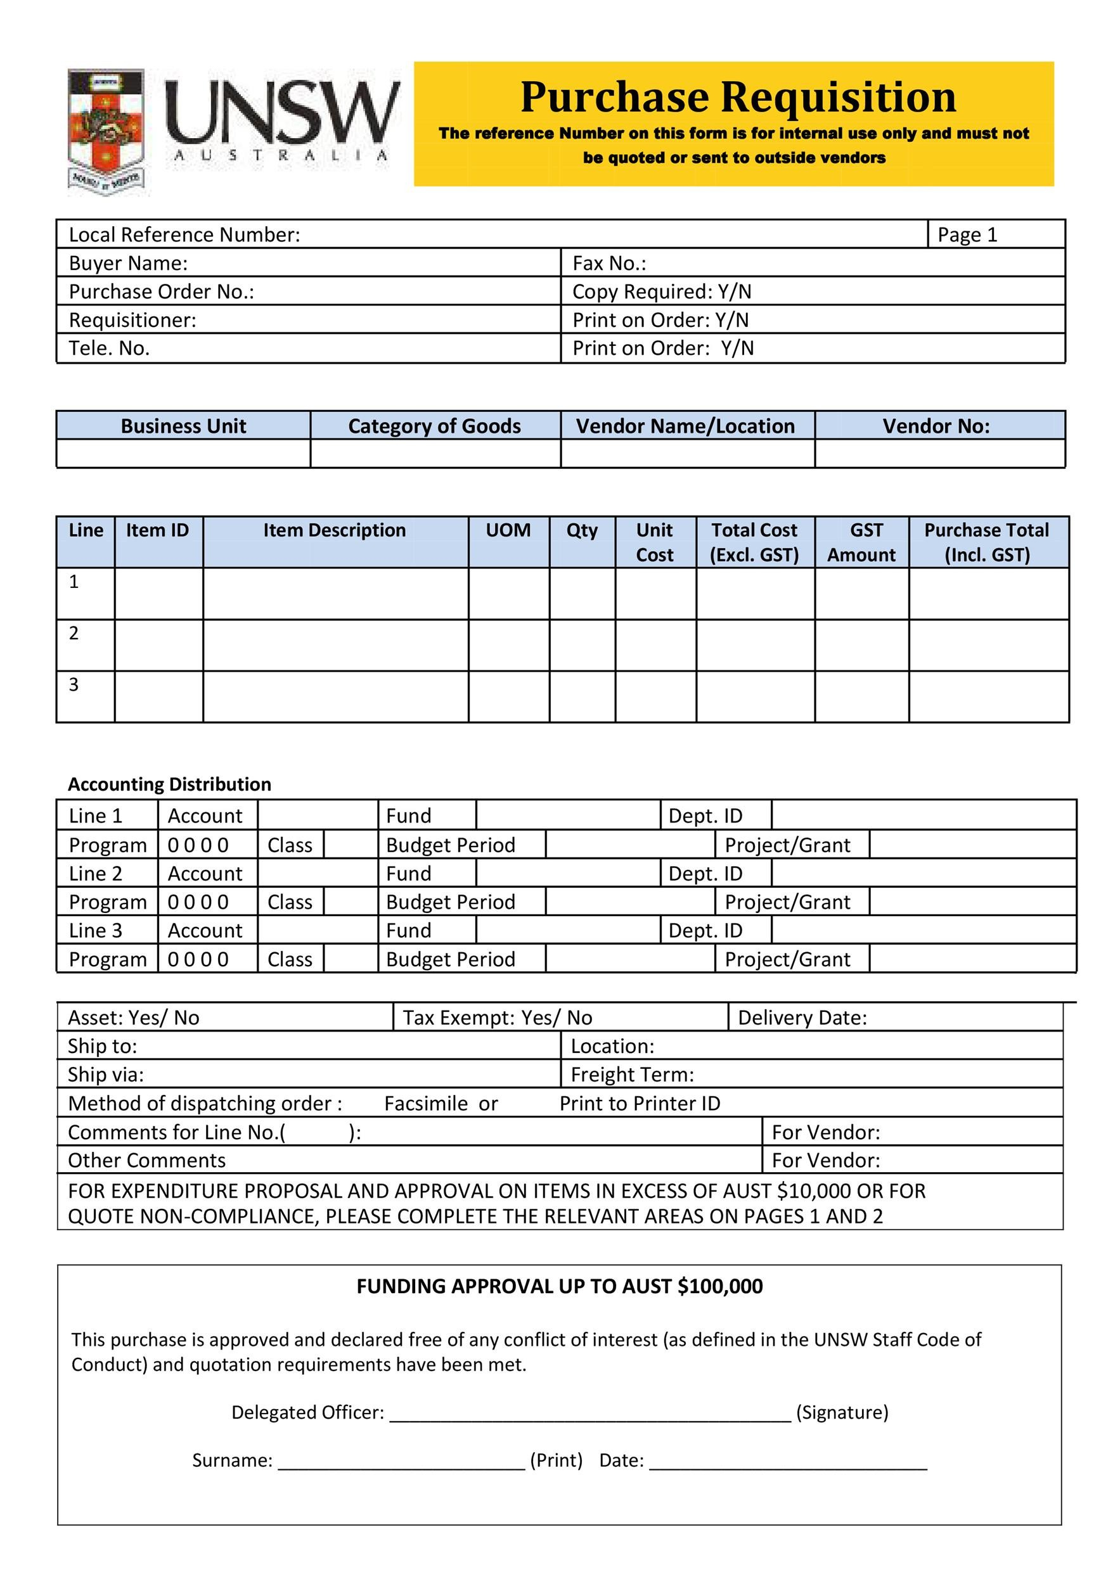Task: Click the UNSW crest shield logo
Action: coord(106,131)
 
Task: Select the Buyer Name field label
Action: coord(129,264)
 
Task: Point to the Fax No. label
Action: coord(608,264)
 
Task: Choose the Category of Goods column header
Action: coord(434,426)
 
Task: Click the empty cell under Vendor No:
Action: coord(939,453)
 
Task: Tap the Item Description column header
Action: coord(335,530)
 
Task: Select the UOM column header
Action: coord(508,530)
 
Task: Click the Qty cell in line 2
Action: coord(582,645)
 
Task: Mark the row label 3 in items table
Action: coord(74,684)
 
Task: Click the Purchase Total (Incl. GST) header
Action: coord(986,542)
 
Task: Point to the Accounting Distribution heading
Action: coord(169,784)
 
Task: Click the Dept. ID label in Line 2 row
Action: coord(705,873)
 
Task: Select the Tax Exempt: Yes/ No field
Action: coord(497,1018)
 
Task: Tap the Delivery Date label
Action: coord(802,1018)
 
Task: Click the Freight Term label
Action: coord(632,1074)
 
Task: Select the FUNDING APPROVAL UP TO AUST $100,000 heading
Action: coord(559,1287)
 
